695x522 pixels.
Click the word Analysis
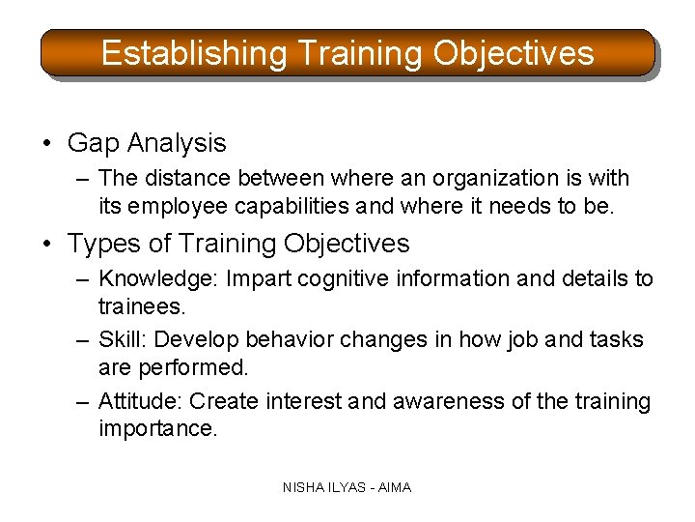176,144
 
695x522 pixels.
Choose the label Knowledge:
159,279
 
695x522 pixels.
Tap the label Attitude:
141,401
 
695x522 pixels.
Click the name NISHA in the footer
304,488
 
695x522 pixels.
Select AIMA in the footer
394,488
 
